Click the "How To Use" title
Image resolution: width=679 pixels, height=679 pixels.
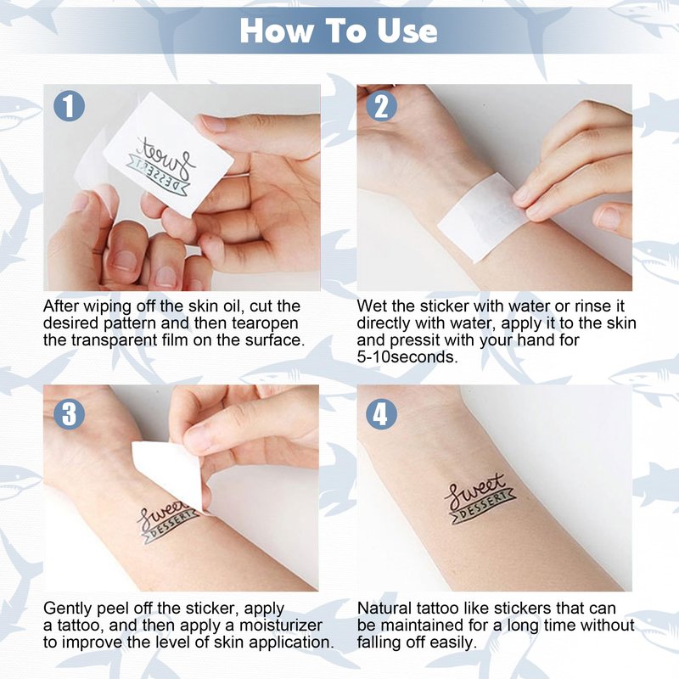coord(338,31)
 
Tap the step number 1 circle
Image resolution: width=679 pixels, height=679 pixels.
coord(70,105)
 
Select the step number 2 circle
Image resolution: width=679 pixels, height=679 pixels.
coord(381,105)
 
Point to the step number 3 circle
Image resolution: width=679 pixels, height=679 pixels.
coord(70,413)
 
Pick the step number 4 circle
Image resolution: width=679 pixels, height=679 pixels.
coord(381,413)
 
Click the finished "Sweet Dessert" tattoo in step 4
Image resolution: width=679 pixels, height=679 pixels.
coord(480,499)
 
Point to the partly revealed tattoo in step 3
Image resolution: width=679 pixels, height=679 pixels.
coord(166,521)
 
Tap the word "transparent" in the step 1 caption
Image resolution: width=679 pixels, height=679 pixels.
coord(114,340)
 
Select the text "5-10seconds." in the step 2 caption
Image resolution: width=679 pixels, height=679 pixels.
coord(407,357)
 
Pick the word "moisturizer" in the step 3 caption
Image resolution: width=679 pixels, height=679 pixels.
coord(281,626)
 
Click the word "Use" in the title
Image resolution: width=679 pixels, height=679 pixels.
coord(407,31)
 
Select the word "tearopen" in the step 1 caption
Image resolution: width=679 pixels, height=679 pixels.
coord(265,323)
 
